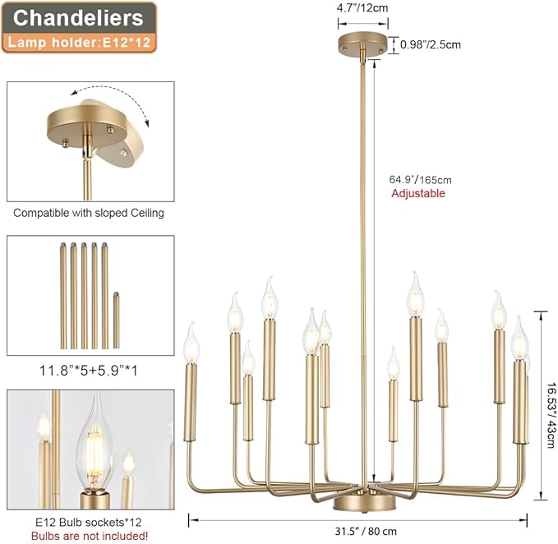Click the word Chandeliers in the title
(x=78, y=18)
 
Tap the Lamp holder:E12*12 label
(x=79, y=43)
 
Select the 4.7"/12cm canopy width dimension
(x=362, y=8)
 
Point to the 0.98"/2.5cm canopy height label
(x=431, y=44)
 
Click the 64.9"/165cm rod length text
(x=420, y=180)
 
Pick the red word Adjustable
(x=418, y=193)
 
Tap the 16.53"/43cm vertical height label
(x=550, y=415)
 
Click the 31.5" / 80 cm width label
(x=366, y=531)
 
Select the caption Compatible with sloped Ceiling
(x=89, y=213)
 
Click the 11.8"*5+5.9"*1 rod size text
(x=88, y=371)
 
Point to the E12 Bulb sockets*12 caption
(x=89, y=522)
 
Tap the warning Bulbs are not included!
(x=90, y=536)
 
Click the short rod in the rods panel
(x=116, y=320)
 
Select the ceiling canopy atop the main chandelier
(x=362, y=44)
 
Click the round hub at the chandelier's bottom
(x=364, y=504)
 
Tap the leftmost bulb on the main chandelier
(x=191, y=343)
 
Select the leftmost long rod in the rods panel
(x=63, y=295)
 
